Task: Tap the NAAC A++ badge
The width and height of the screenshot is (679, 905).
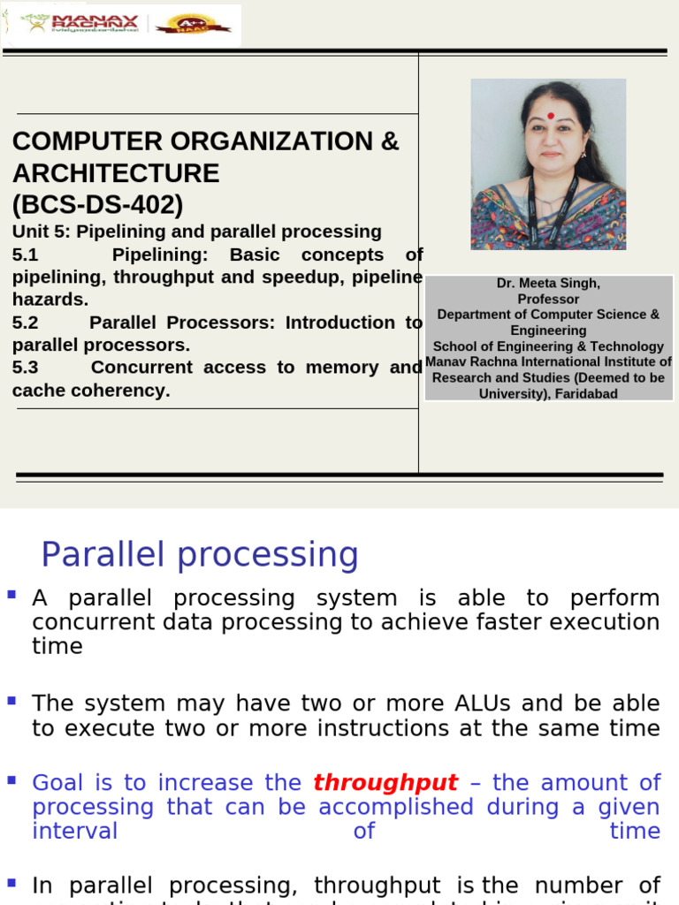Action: click(x=193, y=24)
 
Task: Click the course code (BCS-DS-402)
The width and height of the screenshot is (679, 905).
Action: click(x=97, y=205)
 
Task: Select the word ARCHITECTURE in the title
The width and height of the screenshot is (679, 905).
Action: click(x=116, y=173)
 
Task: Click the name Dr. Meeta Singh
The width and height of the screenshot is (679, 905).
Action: click(x=548, y=284)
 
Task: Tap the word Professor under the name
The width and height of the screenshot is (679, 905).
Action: click(x=548, y=300)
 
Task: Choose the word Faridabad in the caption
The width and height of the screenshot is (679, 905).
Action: click(x=586, y=394)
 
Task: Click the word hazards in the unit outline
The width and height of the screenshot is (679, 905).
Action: click(x=50, y=300)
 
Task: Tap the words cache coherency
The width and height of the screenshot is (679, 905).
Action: click(x=91, y=391)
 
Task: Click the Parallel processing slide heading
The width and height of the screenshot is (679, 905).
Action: click(x=200, y=555)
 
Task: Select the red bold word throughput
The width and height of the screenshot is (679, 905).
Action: click(x=385, y=782)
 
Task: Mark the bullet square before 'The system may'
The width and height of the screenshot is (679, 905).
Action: click(x=11, y=701)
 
